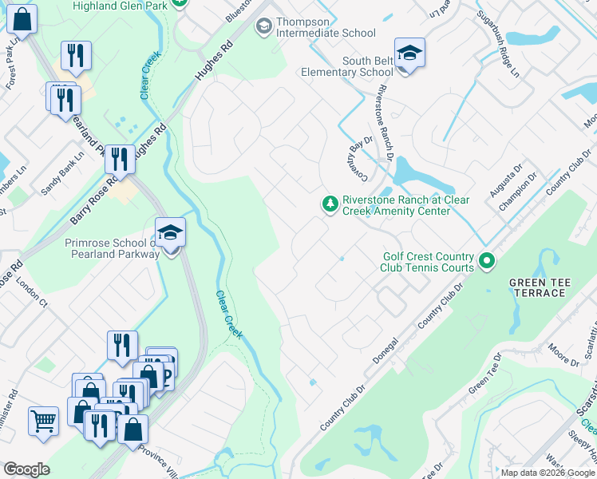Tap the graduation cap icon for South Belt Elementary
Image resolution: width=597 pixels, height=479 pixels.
tap(409, 53)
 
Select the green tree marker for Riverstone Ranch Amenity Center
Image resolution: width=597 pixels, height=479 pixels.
tap(330, 205)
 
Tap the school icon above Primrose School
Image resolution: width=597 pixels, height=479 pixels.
tap(170, 234)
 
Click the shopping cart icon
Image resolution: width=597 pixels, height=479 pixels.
tap(43, 421)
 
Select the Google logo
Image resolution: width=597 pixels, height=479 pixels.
tap(26, 469)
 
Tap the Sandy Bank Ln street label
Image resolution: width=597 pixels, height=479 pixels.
tap(61, 175)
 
